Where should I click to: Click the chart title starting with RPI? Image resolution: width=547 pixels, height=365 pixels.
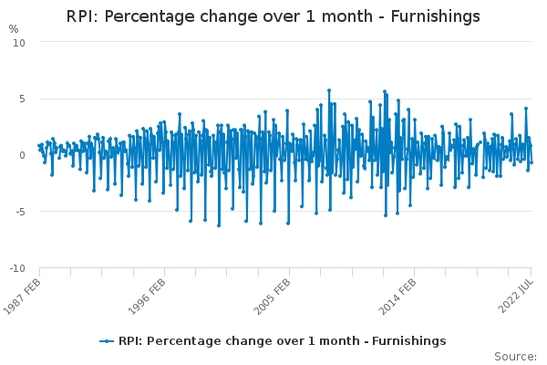(x=273, y=16)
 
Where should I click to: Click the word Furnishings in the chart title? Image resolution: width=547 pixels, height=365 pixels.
(x=433, y=16)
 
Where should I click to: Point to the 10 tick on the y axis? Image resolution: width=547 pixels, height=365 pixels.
(x=19, y=43)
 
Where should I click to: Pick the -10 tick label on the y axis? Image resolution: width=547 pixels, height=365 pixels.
(x=17, y=269)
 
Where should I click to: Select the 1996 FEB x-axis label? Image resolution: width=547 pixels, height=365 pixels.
(x=147, y=294)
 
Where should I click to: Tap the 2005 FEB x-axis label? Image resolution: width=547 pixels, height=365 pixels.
(x=271, y=294)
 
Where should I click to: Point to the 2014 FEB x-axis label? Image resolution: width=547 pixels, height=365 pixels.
(x=396, y=294)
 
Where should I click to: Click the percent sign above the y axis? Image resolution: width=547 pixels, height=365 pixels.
(x=13, y=29)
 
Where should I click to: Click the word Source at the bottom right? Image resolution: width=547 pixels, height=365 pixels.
(x=515, y=356)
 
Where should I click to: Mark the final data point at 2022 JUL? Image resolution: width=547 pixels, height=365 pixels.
(x=532, y=162)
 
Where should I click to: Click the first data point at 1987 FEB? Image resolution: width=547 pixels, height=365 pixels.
(x=38, y=145)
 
